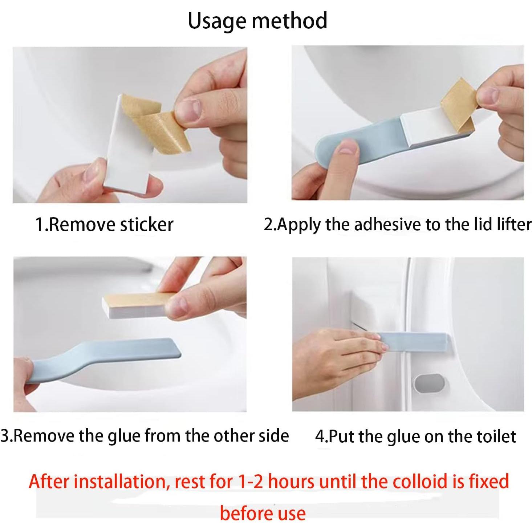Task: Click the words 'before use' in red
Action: point(263,513)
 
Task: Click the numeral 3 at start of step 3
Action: point(4,436)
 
